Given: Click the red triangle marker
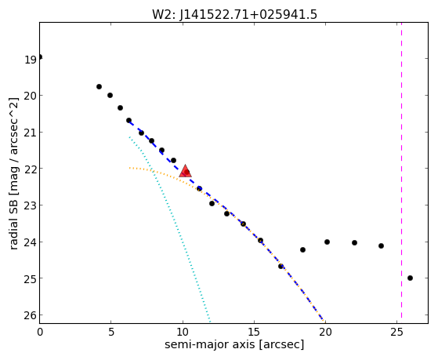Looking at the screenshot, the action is (x=185, y=172).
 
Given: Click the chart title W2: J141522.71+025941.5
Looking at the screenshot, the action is (x=234, y=15).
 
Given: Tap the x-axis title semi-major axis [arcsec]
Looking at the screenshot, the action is (x=234, y=344).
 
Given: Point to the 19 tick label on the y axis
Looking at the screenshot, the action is (x=31, y=60).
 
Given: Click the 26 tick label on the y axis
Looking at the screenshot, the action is (x=31, y=315).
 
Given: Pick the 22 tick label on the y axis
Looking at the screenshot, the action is (x=31, y=169).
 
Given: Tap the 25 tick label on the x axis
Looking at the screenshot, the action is (x=396, y=333).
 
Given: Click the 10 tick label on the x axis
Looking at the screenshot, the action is (x=183, y=333).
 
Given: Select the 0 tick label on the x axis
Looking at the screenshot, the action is (x=40, y=333).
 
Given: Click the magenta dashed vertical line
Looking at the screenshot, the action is (x=401, y=173).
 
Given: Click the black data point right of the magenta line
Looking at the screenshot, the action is (x=410, y=278).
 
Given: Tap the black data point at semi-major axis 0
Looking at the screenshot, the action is (x=40, y=57).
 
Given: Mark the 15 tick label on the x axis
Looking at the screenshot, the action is (x=254, y=333).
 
